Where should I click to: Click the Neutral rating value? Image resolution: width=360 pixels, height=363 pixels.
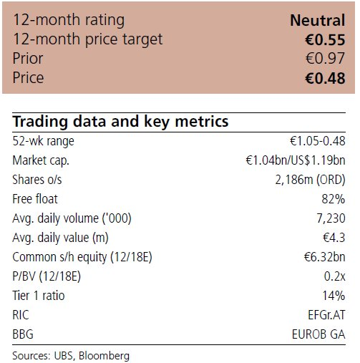click(x=318, y=20)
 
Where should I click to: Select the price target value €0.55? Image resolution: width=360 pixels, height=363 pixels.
click(x=325, y=39)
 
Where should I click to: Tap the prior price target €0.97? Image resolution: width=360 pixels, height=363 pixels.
click(x=326, y=58)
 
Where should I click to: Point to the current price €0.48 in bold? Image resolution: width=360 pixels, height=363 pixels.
click(x=325, y=78)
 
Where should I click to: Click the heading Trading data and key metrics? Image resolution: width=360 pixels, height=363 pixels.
click(x=120, y=122)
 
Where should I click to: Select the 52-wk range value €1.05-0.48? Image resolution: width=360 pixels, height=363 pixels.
click(x=318, y=141)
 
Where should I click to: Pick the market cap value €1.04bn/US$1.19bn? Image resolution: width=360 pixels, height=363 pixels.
click(x=296, y=160)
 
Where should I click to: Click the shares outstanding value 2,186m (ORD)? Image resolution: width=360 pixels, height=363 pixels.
click(x=310, y=180)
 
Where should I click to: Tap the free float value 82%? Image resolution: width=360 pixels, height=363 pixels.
click(x=334, y=199)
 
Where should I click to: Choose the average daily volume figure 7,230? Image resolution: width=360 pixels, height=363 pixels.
click(x=331, y=218)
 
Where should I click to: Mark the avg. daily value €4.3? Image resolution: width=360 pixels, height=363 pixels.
click(x=334, y=238)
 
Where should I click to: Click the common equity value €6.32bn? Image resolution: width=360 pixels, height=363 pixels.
click(x=325, y=257)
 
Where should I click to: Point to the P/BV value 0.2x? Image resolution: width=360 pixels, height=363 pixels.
click(x=334, y=276)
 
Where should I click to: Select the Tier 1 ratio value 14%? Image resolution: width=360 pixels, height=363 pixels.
click(x=334, y=296)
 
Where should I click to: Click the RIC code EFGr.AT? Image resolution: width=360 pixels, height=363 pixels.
click(x=326, y=315)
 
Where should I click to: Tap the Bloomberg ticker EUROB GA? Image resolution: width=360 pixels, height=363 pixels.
click(x=318, y=334)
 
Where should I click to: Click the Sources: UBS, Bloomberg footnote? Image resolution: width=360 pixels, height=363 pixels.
click(x=71, y=356)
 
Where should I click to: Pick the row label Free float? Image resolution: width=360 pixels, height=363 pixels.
click(x=35, y=199)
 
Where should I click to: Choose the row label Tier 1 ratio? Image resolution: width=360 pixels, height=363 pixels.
click(x=39, y=296)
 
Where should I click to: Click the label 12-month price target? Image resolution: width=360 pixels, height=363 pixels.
click(x=88, y=39)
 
